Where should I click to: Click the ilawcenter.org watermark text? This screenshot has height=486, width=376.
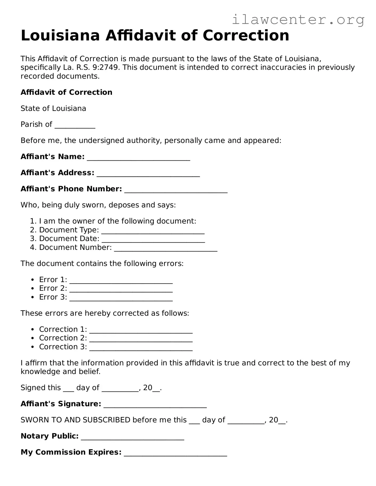tap(298, 20)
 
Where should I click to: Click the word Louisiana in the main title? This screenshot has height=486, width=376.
tap(60, 35)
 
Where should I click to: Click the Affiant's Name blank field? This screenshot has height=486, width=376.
tap(139, 158)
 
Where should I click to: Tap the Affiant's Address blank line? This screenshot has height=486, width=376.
tap(148, 174)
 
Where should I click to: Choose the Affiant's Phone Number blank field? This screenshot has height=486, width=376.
tap(176, 190)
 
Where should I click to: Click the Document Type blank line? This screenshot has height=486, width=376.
tap(153, 231)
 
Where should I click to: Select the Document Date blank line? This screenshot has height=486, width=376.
tap(153, 240)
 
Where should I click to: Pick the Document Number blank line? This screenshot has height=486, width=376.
tap(165, 249)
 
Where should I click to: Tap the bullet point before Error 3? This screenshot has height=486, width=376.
tap(33, 297)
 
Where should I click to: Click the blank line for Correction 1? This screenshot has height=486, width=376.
tap(141, 331)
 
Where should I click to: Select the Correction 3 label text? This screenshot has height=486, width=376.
tap(63, 347)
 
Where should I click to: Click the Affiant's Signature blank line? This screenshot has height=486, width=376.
tap(155, 405)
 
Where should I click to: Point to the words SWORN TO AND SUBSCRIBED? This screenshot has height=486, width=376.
tap(75, 420)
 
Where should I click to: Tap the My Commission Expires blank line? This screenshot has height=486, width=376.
tap(175, 454)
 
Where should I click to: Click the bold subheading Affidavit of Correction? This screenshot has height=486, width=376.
tap(66, 92)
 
